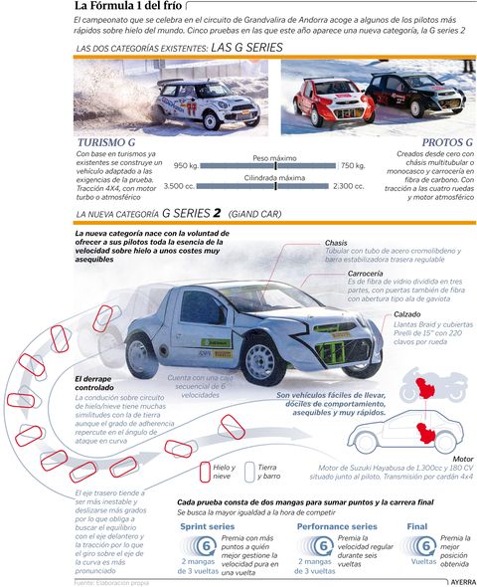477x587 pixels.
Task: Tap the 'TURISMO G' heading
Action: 111,143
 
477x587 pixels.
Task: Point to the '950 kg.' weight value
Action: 188,166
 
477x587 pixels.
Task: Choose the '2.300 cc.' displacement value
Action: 349,186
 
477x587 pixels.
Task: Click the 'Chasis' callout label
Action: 336,243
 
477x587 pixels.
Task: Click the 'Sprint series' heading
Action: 209,525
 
